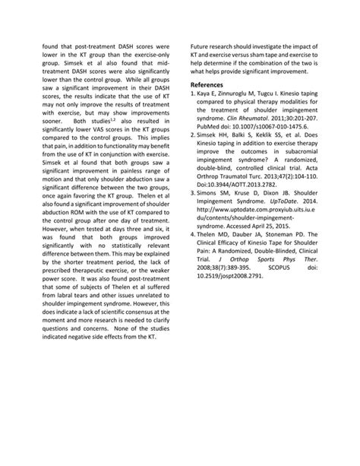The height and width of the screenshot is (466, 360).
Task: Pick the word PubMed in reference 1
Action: pos(210,127)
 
